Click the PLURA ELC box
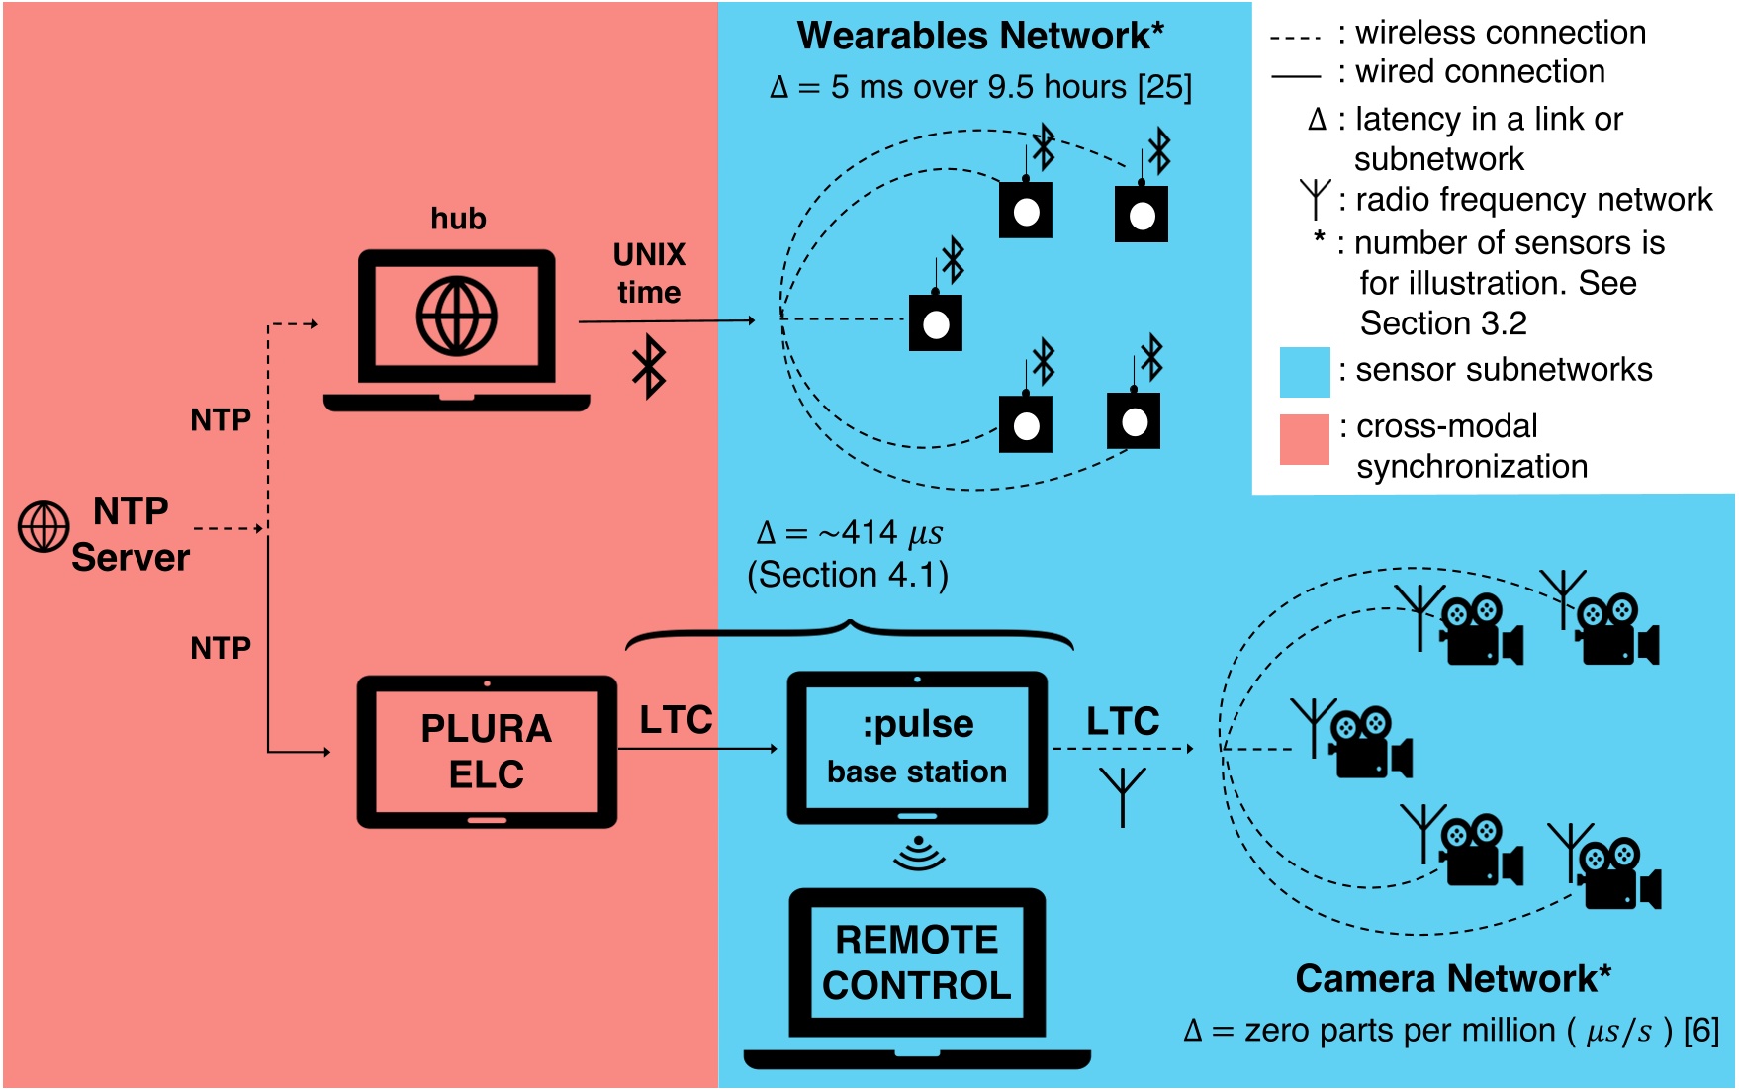486,751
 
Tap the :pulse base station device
917,748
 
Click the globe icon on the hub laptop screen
456,317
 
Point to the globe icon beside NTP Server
44,526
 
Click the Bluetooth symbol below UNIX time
649,366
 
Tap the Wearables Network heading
979,36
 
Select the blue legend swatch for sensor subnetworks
1304,372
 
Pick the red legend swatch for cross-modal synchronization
1304,439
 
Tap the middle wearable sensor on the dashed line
935,322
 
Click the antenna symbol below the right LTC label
1123,796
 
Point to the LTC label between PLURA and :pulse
676,720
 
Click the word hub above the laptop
458,219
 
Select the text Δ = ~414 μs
849,533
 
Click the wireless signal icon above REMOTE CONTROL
919,854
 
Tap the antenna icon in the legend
1315,199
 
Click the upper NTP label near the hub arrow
220,420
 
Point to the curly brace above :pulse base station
849,633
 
